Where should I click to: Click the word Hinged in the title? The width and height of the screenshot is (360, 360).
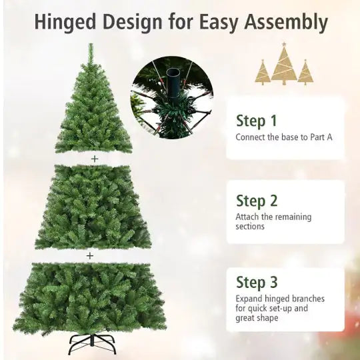[65, 22]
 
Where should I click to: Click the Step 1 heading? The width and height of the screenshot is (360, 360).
[256, 121]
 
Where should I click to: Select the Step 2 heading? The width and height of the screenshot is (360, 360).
[257, 201]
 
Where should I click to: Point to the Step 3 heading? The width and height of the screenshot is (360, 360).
[257, 282]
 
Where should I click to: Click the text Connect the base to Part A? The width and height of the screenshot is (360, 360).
[283, 137]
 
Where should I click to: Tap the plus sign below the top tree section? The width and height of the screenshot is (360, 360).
[95, 159]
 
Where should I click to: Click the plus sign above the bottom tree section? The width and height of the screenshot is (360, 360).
[90, 255]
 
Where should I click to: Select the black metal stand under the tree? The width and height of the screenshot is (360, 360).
[92, 344]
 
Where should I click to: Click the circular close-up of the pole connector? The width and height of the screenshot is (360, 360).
[171, 97]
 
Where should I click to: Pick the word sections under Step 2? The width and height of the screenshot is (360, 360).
[250, 227]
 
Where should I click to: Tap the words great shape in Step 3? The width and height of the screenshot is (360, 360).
[257, 319]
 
